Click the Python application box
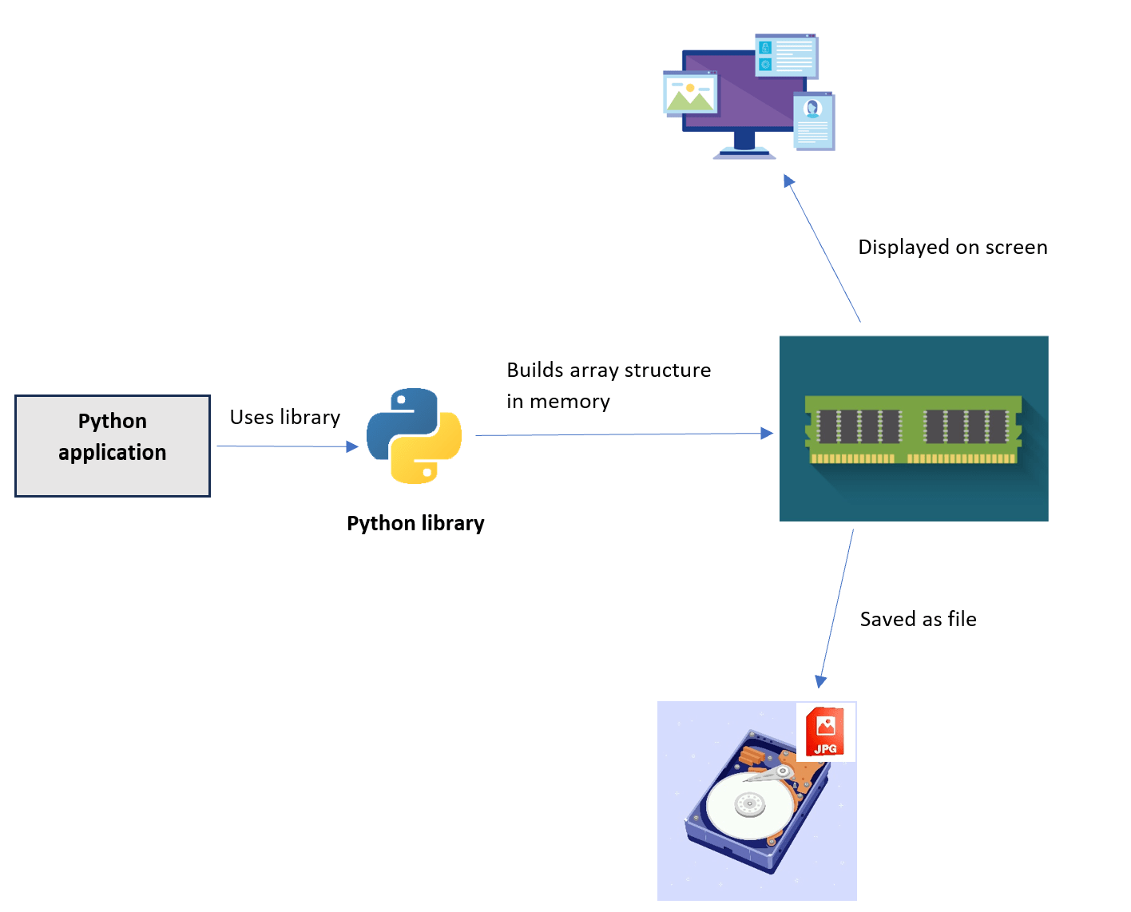pos(113,446)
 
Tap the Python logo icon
pos(414,435)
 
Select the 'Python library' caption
pos(415,523)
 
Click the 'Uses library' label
pos(285,418)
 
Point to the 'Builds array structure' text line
pos(609,371)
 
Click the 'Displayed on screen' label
pos(952,248)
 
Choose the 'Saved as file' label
pos(918,620)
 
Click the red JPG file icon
pos(825,732)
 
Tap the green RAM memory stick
pos(913,430)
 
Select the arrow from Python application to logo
pos(288,446)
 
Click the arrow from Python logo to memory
pos(623,434)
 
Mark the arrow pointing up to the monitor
pos(823,248)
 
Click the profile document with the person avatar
pos(813,121)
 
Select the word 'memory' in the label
pos(569,402)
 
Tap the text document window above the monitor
pos(786,56)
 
